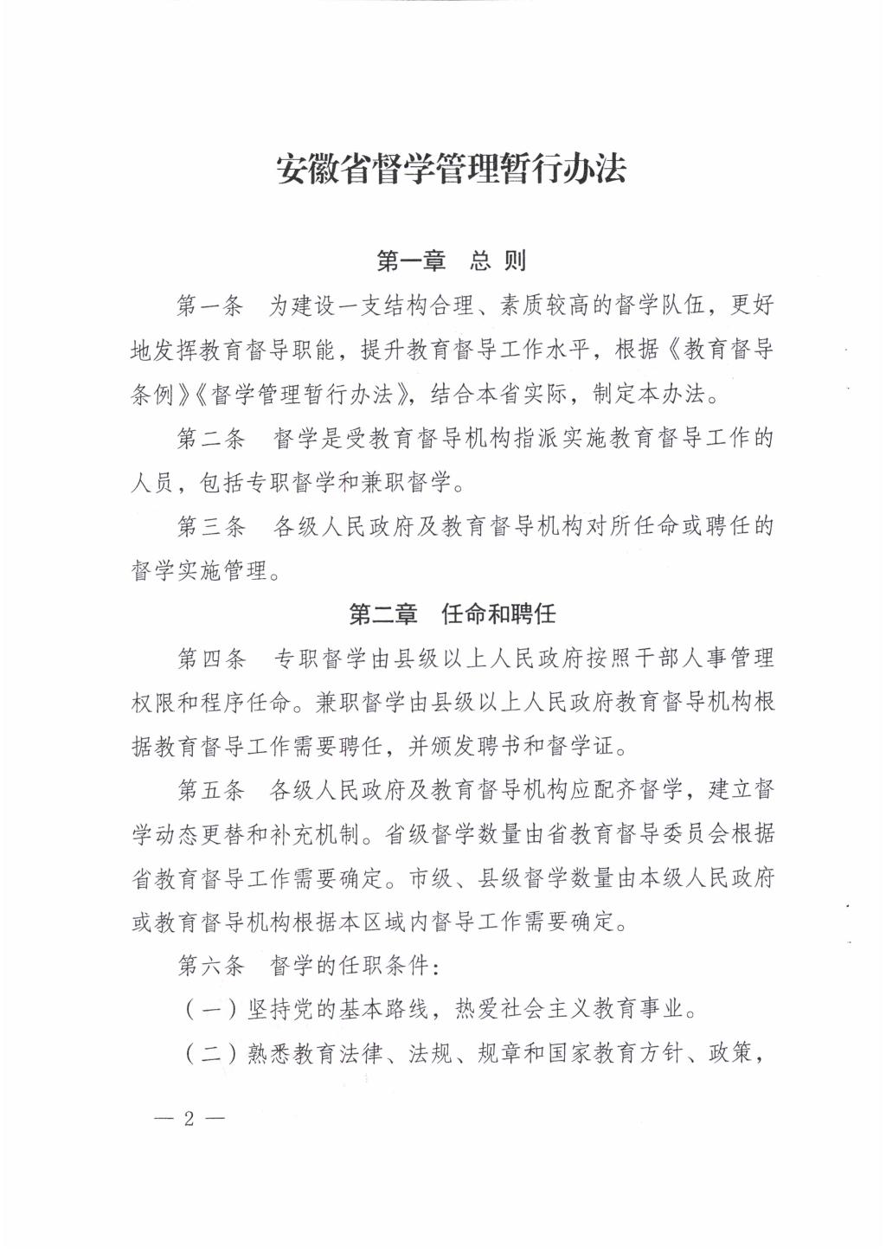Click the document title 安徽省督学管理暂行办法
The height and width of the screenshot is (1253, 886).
pyautogui.click(x=450, y=168)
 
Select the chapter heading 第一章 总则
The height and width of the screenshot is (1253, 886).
pyautogui.click(x=451, y=260)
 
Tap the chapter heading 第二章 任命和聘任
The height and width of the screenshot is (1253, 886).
pyautogui.click(x=451, y=614)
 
